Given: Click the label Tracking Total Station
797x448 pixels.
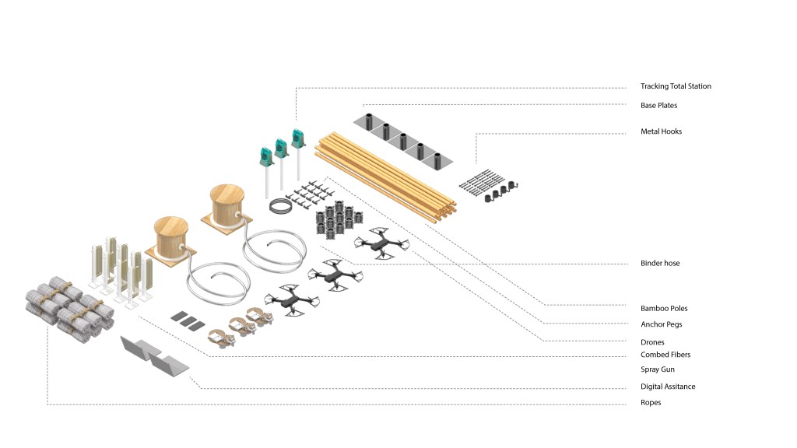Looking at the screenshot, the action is point(676,86).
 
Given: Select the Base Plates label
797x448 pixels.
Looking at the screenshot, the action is point(658,106).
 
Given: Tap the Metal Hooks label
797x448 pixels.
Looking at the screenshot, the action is point(661,131).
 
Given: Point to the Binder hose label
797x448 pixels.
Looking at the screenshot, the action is point(660,263).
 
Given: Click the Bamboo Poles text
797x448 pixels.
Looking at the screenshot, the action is point(664,308).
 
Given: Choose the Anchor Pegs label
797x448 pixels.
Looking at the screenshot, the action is point(662,324).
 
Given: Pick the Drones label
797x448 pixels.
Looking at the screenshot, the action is point(652,342).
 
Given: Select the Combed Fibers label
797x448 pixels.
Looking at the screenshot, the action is point(665,355).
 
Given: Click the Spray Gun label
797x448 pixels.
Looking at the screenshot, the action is point(657,369).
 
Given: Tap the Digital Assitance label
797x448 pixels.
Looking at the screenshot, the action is point(667,387).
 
